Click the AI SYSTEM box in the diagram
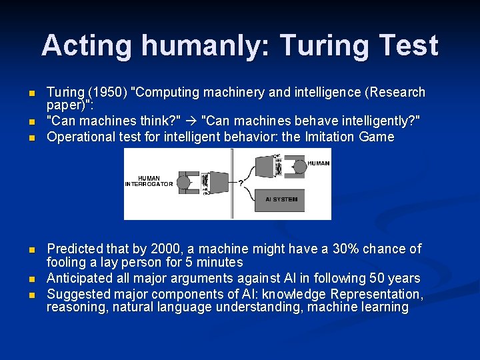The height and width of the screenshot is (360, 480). coord(281,199)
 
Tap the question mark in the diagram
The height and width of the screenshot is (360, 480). coord(240,185)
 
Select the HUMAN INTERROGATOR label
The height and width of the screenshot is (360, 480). coord(149,181)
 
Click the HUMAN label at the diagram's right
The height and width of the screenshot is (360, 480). coord(318,163)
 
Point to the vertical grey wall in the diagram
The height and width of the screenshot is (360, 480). coord(231,183)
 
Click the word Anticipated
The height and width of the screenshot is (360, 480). coord(79,279)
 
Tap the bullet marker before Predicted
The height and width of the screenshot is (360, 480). coord(31,250)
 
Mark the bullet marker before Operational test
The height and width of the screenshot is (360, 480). coord(31,138)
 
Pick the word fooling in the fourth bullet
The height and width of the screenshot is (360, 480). coord(65,263)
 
